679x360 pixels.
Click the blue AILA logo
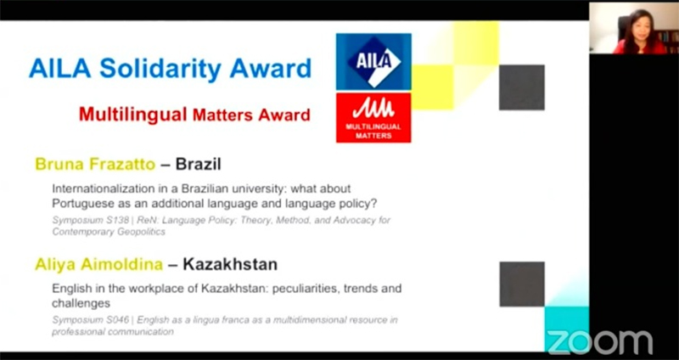373,61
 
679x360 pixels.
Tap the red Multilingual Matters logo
373,117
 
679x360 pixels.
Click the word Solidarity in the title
160,69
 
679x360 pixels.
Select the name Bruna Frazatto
95,164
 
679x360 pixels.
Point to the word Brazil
199,164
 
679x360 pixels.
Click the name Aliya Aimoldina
98,264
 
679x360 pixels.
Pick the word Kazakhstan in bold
230,264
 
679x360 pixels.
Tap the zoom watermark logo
600,342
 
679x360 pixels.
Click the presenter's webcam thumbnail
634,28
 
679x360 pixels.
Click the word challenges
81,303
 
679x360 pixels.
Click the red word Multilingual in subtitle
133,115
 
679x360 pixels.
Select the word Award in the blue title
271,69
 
